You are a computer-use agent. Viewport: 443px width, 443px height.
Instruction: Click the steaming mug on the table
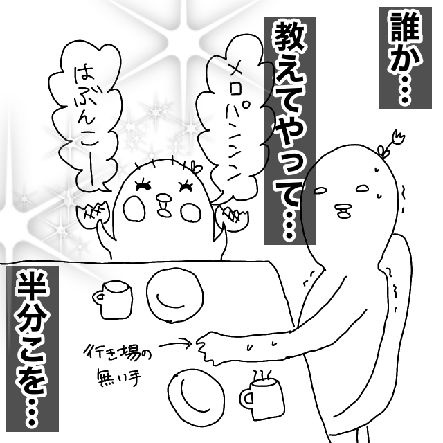coord(263,399)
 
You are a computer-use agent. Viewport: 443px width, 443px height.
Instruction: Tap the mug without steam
coord(113,300)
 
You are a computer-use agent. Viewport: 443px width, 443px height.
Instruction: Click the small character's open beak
coord(164,205)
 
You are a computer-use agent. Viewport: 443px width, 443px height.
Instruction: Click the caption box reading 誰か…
coord(406,58)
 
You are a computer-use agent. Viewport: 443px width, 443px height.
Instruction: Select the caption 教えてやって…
coord(290,131)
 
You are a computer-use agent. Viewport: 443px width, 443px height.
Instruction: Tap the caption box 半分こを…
coord(33,349)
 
